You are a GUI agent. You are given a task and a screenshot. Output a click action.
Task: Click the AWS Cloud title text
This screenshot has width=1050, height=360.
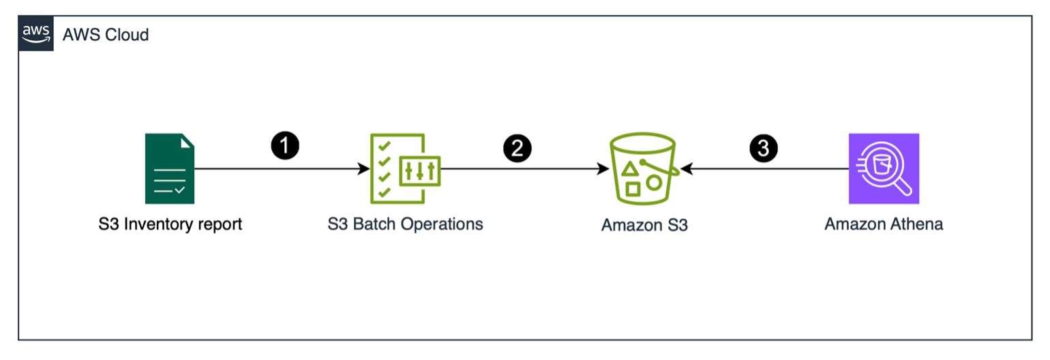point(106,35)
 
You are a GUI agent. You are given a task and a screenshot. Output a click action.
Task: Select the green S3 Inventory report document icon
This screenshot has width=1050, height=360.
point(170,168)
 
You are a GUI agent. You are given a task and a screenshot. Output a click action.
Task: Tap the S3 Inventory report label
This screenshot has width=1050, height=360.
point(170,224)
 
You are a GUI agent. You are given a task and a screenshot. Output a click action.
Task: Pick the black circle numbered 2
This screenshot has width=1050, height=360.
point(517,148)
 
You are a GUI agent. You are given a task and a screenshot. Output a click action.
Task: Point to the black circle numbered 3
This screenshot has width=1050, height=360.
point(763,148)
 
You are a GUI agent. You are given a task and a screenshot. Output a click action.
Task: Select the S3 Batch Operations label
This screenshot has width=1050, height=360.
point(405,224)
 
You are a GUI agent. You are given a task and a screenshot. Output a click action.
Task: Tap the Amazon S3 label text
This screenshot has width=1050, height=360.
point(644,225)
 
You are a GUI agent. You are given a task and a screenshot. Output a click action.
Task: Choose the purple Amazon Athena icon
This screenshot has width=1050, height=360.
point(884,168)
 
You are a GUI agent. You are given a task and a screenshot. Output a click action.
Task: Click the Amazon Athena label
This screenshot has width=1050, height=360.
point(884,224)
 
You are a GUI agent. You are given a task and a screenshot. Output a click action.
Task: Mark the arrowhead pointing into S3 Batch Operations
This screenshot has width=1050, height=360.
point(363,169)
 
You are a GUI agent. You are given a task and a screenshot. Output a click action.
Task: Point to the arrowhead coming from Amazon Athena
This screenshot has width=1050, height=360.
point(686,169)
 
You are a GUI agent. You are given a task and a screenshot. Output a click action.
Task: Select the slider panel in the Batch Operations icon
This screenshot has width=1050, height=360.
point(419,171)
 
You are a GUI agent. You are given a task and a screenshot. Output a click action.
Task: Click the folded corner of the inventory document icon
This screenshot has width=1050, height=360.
point(187,141)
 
